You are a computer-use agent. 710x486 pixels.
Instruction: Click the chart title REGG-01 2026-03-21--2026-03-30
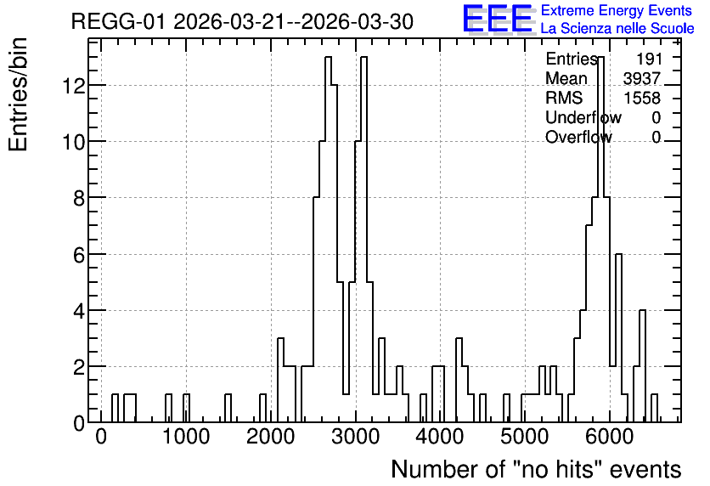coord(242,22)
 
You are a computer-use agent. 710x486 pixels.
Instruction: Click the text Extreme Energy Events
coord(617,10)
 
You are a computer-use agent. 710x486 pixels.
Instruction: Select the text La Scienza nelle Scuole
coord(617,28)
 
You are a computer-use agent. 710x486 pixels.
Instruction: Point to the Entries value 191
coord(649,59)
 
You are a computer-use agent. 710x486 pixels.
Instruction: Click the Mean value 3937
coord(641,78)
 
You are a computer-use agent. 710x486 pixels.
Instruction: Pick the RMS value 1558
coord(642,98)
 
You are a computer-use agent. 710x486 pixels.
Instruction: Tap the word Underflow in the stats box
coord(583,117)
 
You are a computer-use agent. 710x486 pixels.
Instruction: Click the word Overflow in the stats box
coord(578,137)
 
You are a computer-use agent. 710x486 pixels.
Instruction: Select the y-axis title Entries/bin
coord(18,94)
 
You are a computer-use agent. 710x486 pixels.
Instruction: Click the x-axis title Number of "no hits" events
coord(536,469)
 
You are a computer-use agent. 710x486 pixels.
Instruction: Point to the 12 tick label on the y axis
coord(74,85)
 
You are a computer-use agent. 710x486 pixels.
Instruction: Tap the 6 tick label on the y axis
coord(80,255)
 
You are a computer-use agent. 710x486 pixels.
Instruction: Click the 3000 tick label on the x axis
coord(356,437)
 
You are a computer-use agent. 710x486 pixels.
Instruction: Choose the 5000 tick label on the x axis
coord(525,437)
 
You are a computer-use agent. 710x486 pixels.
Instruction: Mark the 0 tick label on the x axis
coord(101,437)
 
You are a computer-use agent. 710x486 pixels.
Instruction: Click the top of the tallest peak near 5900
coord(601,57)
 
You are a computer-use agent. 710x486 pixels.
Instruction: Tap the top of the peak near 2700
coord(329,57)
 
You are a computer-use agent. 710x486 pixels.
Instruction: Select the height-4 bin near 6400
coord(642,311)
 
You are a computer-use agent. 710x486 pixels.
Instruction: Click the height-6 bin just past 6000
coord(618,255)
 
